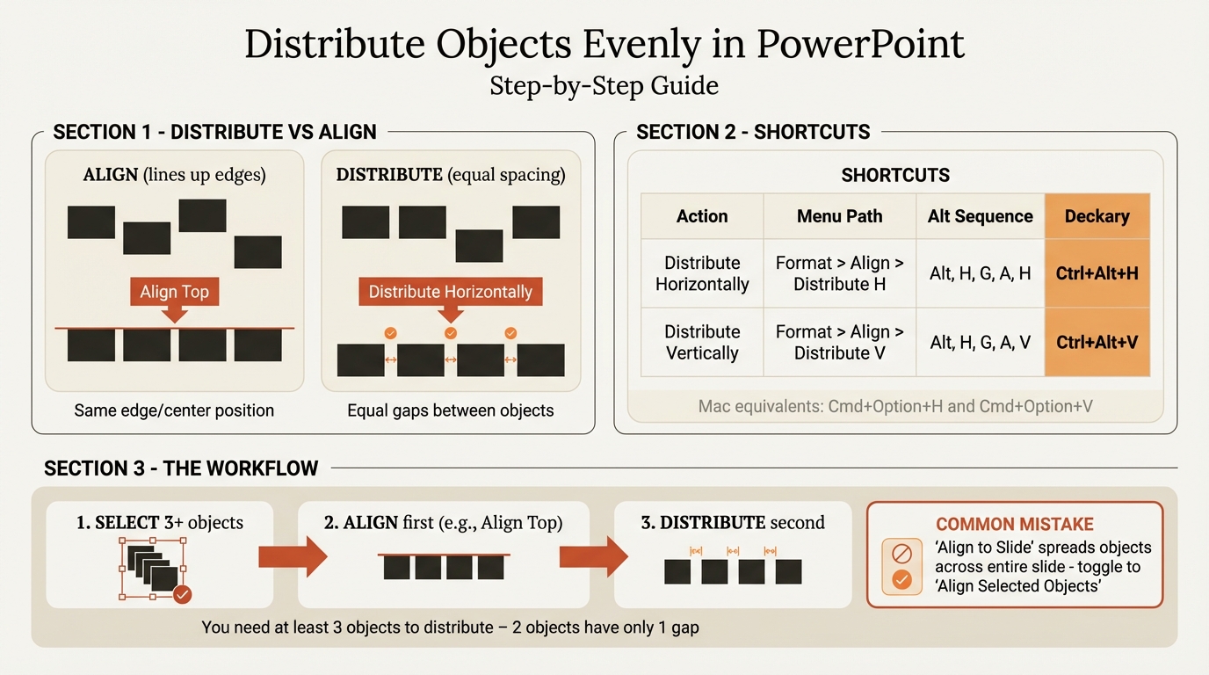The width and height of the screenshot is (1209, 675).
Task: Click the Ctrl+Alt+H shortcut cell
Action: [1097, 273]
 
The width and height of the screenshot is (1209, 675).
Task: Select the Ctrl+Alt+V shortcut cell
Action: [1097, 342]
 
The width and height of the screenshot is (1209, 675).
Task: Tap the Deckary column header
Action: [1097, 216]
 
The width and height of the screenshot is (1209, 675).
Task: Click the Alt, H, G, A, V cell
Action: [980, 342]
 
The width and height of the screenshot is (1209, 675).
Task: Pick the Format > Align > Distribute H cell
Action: [839, 273]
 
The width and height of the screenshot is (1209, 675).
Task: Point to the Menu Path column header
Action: [839, 216]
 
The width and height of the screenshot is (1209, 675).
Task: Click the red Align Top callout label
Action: [174, 292]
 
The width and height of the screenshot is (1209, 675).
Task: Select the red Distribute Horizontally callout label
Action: [450, 292]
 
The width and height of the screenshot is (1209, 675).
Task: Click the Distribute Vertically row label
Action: [702, 342]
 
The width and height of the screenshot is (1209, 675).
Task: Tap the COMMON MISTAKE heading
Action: [1014, 525]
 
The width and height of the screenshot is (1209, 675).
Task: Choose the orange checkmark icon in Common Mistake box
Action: [901, 580]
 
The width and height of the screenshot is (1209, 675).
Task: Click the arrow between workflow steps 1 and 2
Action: [292, 555]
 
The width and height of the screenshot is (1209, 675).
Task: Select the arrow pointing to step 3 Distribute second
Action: [594, 555]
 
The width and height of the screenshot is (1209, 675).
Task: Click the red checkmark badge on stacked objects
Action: [183, 594]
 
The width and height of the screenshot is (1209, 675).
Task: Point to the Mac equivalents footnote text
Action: [895, 407]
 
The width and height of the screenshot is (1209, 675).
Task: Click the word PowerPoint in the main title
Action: [860, 44]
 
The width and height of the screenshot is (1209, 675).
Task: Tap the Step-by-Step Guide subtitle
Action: [604, 85]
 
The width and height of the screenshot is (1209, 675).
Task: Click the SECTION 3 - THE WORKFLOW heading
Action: [181, 468]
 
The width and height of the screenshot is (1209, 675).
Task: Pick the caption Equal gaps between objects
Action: [450, 410]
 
